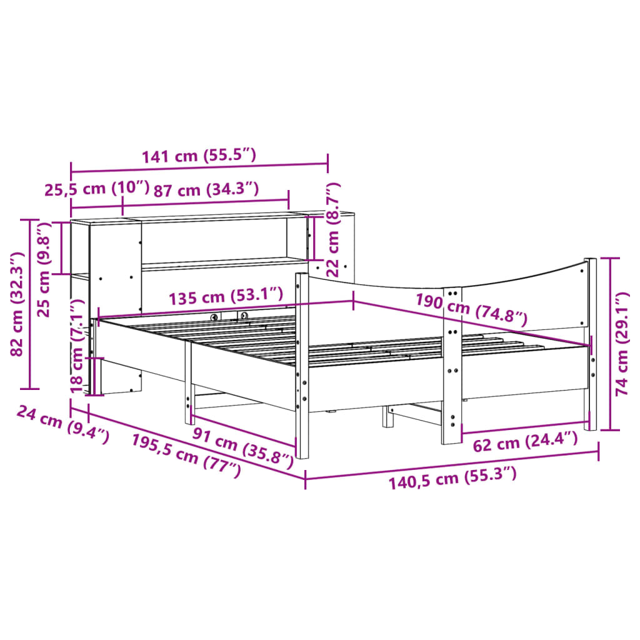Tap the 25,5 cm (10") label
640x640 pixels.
pos(97,189)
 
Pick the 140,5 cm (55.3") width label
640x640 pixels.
pos(452,479)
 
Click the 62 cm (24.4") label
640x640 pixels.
pos(525,443)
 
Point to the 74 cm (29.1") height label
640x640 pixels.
pos(622,343)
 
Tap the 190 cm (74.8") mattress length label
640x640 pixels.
pos(471,309)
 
